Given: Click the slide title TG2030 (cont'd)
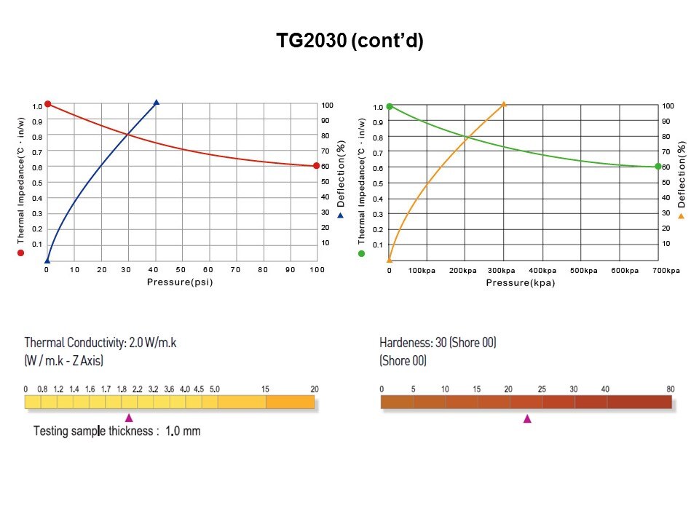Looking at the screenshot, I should coord(349,41).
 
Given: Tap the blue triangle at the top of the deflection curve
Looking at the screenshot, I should coord(156,103).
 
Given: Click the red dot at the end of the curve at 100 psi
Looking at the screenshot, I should coord(316,166).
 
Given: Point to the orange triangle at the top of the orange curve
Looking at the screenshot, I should coord(504,104).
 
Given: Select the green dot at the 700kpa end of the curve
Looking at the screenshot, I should coord(657,167).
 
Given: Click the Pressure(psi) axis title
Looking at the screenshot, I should coord(180,282).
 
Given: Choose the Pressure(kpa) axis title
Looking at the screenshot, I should coord(521,282).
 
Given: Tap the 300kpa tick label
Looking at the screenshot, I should coord(502,271).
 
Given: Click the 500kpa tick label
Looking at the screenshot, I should coord(583,271).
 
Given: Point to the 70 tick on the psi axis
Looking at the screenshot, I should coord(235,270).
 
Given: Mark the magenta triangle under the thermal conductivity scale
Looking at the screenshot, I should coord(129,418).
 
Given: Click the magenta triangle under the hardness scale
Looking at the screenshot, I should coord(527,418).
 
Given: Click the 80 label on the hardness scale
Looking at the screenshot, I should coord(670,389).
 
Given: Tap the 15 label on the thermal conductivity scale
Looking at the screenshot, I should coord(265,389).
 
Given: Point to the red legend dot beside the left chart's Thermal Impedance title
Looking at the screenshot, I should coord(20,253).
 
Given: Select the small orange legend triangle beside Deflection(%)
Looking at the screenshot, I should coord(682,216).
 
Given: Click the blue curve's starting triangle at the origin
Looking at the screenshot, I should coord(47,259).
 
